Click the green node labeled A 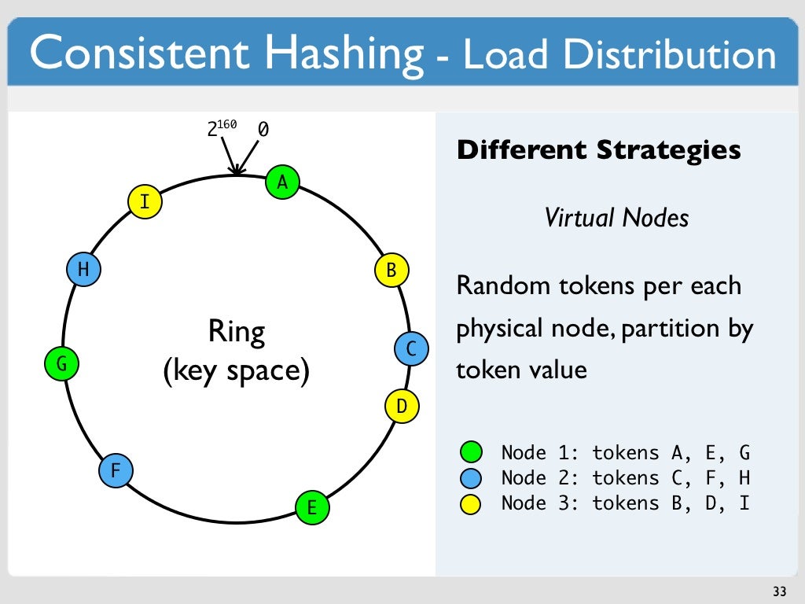click(282, 182)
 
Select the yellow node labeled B click(391, 271)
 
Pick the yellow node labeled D click(402, 407)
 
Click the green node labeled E click(311, 507)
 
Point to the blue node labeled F click(116, 472)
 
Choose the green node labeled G click(61, 364)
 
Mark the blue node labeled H click(83, 271)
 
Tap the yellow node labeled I click(145, 202)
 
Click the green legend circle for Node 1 click(471, 453)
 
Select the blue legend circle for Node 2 click(471, 478)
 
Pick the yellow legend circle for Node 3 click(471, 503)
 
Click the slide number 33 click(779, 591)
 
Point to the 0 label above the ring click(263, 130)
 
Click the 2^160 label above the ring click(222, 128)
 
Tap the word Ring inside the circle click(236, 332)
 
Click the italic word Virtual click(580, 218)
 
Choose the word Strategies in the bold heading click(668, 149)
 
